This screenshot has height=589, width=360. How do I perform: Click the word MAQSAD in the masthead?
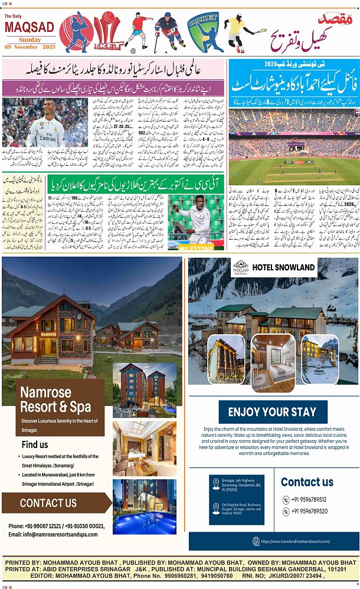coord(29,27)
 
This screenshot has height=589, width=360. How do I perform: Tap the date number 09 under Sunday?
coord(11,46)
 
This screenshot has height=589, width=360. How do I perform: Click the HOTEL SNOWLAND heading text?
coord(283,267)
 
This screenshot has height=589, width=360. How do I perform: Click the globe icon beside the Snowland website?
coord(256,541)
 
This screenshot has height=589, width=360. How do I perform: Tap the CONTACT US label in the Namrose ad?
coord(48,503)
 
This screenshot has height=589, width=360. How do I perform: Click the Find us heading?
coord(34,444)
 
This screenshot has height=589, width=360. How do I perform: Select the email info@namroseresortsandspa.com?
coord(53,534)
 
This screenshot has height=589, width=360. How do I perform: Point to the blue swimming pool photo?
coord(144,507)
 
